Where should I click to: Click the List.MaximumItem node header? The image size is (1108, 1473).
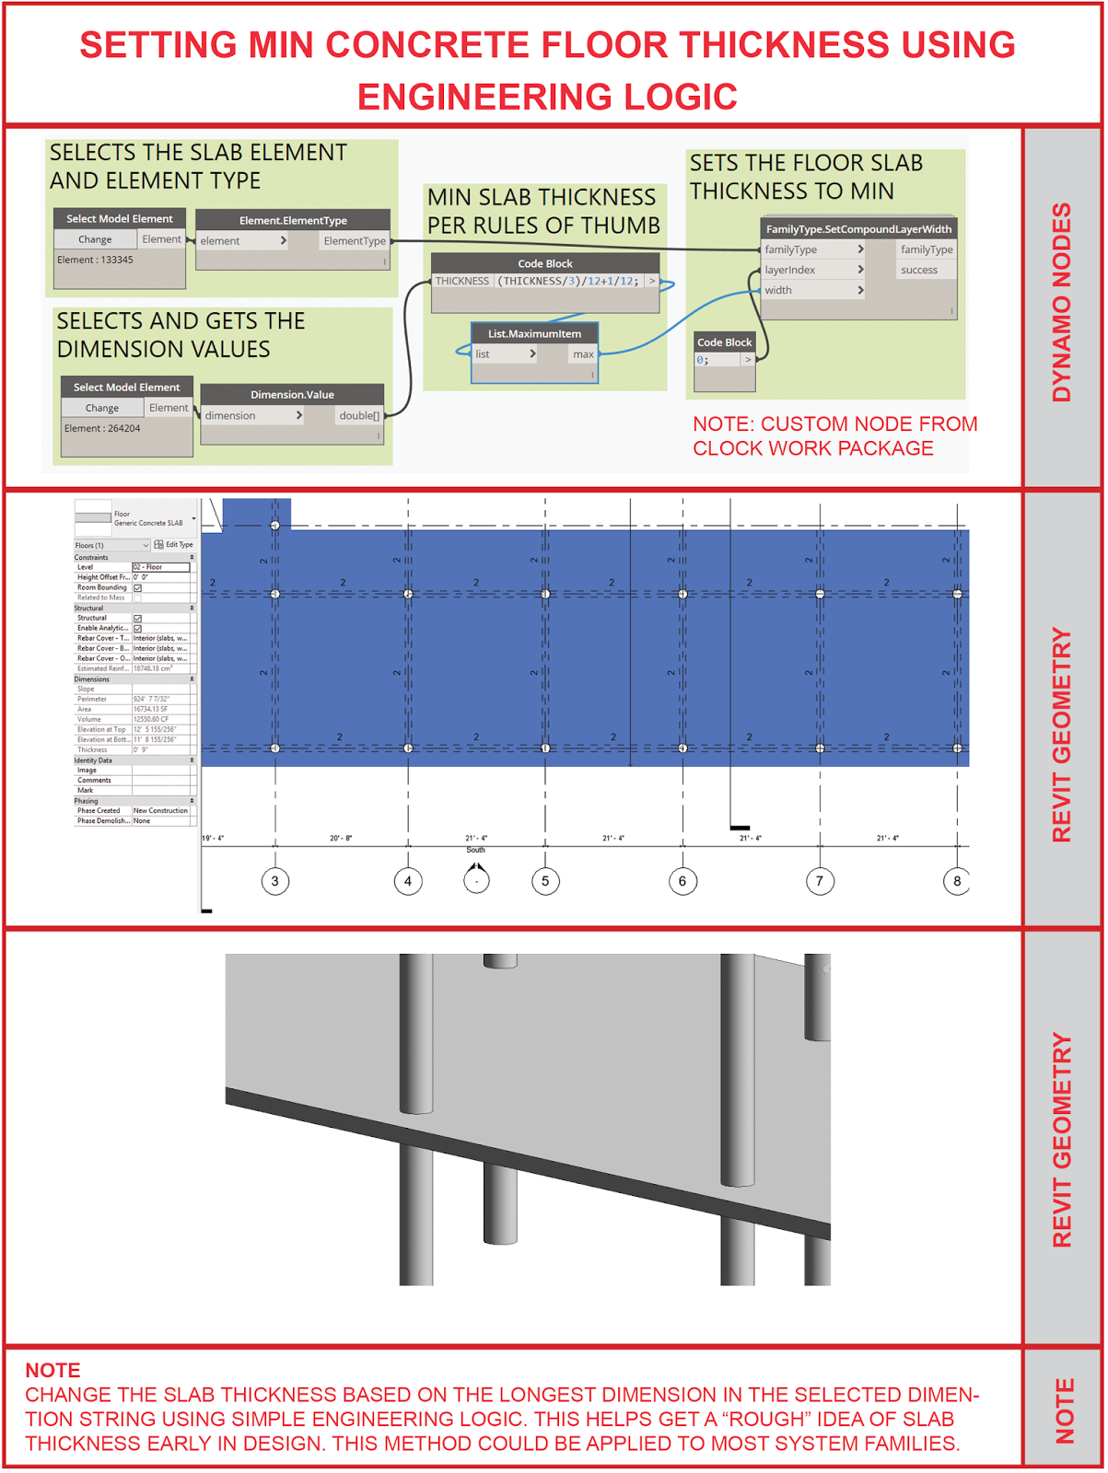point(534,333)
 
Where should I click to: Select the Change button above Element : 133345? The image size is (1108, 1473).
point(95,239)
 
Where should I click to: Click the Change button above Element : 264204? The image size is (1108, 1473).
point(102,408)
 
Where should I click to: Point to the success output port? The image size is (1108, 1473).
point(918,270)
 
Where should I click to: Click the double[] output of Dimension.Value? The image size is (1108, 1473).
point(358,416)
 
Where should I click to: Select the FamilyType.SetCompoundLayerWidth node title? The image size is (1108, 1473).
point(858,228)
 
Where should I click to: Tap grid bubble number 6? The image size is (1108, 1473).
point(682,881)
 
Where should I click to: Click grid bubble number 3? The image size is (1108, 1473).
point(274,881)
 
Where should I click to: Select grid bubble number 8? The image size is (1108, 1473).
point(957,881)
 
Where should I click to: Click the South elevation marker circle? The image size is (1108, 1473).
point(476,881)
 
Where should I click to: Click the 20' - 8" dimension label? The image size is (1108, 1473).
point(341,838)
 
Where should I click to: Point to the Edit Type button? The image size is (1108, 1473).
point(174,545)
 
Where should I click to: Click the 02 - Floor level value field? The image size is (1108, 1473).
point(160,567)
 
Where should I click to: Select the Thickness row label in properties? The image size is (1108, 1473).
point(92,749)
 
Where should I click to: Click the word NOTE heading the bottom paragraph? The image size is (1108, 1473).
point(52,1370)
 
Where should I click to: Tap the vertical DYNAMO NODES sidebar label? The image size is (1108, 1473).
point(1062,302)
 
